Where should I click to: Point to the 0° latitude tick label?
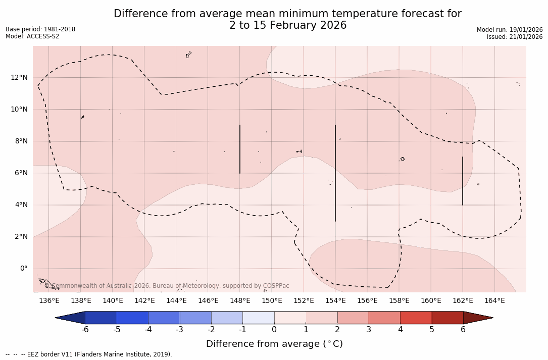(23, 269)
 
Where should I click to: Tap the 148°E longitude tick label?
(240, 301)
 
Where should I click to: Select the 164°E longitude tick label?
(494, 301)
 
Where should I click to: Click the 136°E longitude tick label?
(49, 301)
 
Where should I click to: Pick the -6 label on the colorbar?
(85, 330)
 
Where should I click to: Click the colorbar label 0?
(274, 330)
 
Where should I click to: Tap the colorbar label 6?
(463, 330)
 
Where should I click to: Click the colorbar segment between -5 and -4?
(132, 318)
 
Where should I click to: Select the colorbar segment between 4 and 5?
(416, 318)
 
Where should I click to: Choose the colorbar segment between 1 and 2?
(321, 318)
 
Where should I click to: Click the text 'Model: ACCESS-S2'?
(32, 36)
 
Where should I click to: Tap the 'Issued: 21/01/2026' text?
(515, 37)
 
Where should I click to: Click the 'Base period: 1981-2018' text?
(40, 29)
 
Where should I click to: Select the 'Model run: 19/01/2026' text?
(510, 30)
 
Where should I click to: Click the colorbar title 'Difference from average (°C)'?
(274, 344)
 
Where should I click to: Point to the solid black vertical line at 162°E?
(463, 181)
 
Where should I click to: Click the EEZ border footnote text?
(88, 354)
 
